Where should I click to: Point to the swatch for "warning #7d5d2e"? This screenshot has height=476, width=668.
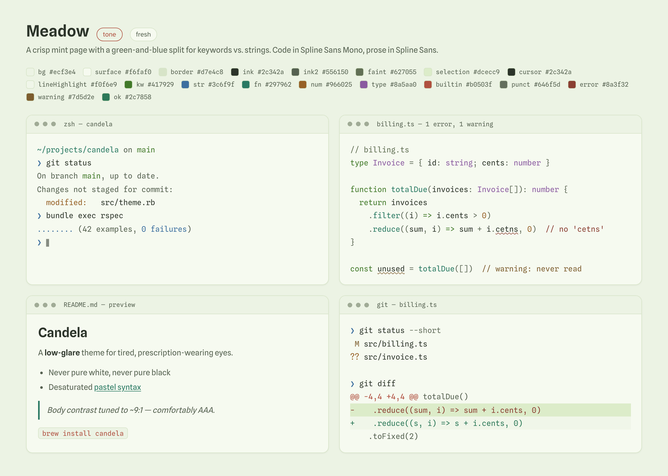[x=30, y=97]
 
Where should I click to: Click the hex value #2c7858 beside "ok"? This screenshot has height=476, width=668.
[x=138, y=97]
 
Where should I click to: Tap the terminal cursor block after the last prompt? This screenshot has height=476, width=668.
[x=47, y=243]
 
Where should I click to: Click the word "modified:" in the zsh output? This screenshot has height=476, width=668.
[x=66, y=203]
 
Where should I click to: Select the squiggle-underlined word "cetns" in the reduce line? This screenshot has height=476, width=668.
[x=506, y=229]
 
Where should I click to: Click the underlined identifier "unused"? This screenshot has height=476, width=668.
[x=391, y=269]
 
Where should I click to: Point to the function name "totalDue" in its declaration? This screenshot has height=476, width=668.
[x=409, y=189]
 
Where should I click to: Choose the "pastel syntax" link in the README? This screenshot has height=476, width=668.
[x=117, y=387]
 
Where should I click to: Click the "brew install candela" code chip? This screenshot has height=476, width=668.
[x=83, y=433]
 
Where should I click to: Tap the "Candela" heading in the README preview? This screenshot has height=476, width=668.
[x=63, y=333]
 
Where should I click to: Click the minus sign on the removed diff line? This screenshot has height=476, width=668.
[x=353, y=410]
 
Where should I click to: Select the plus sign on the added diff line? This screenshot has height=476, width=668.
[x=353, y=423]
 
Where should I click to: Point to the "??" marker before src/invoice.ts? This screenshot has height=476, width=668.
[x=355, y=357]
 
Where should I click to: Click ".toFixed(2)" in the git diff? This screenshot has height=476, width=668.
[x=393, y=436]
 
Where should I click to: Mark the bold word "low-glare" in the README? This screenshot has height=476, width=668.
[x=62, y=353]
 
